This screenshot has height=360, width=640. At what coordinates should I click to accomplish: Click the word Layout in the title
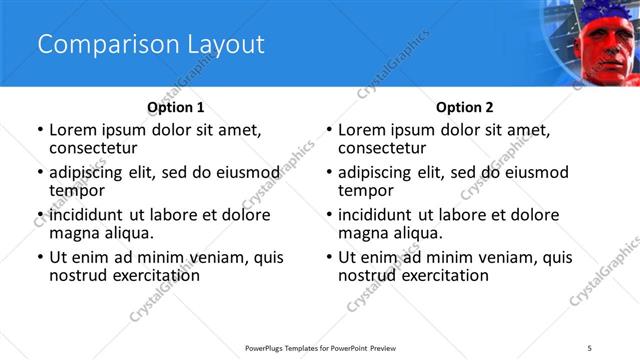coord(220,44)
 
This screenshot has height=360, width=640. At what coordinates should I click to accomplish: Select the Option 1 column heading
coord(176,107)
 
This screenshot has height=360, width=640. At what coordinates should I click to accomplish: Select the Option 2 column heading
coord(465,107)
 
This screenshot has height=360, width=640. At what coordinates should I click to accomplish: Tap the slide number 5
coord(590,347)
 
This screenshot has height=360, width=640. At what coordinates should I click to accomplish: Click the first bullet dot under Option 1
coord(40,130)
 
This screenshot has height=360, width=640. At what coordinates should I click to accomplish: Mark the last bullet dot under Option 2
coord(329,257)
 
